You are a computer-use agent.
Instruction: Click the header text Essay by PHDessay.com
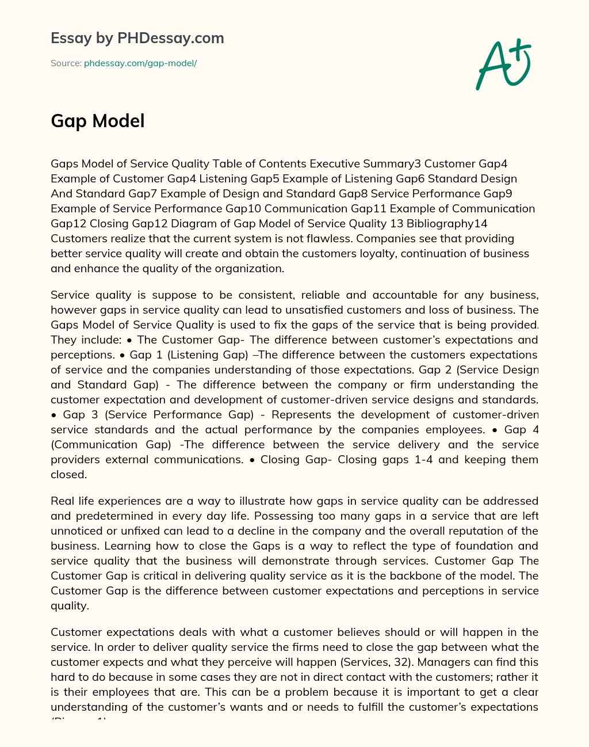pos(137,38)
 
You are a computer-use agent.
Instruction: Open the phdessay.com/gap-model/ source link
pos(140,63)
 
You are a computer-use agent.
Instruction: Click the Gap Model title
pos(98,121)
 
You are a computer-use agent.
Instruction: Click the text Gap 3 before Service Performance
pos(79,414)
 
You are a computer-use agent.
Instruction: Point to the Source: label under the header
pos(66,63)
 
